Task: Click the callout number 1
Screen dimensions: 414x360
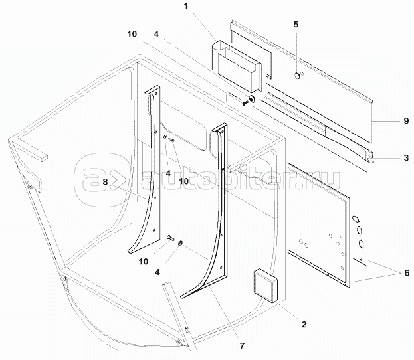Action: click(186, 6)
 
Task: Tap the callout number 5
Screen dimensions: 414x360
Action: click(296, 25)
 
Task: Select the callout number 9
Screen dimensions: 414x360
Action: click(406, 121)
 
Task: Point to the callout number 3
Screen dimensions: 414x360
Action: click(406, 158)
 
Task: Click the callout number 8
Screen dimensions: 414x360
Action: click(106, 182)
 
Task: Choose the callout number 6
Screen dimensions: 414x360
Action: click(407, 272)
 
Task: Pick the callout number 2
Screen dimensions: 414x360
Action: click(304, 324)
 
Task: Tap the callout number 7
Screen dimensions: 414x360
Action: click(242, 345)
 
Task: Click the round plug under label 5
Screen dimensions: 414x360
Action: click(297, 76)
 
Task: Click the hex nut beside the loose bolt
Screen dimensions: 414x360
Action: click(180, 243)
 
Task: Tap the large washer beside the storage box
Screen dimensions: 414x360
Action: click(252, 98)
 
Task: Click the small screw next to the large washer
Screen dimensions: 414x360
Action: click(245, 103)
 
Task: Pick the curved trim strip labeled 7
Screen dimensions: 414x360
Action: click(211, 211)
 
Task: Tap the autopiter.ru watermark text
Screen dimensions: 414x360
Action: click(241, 179)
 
